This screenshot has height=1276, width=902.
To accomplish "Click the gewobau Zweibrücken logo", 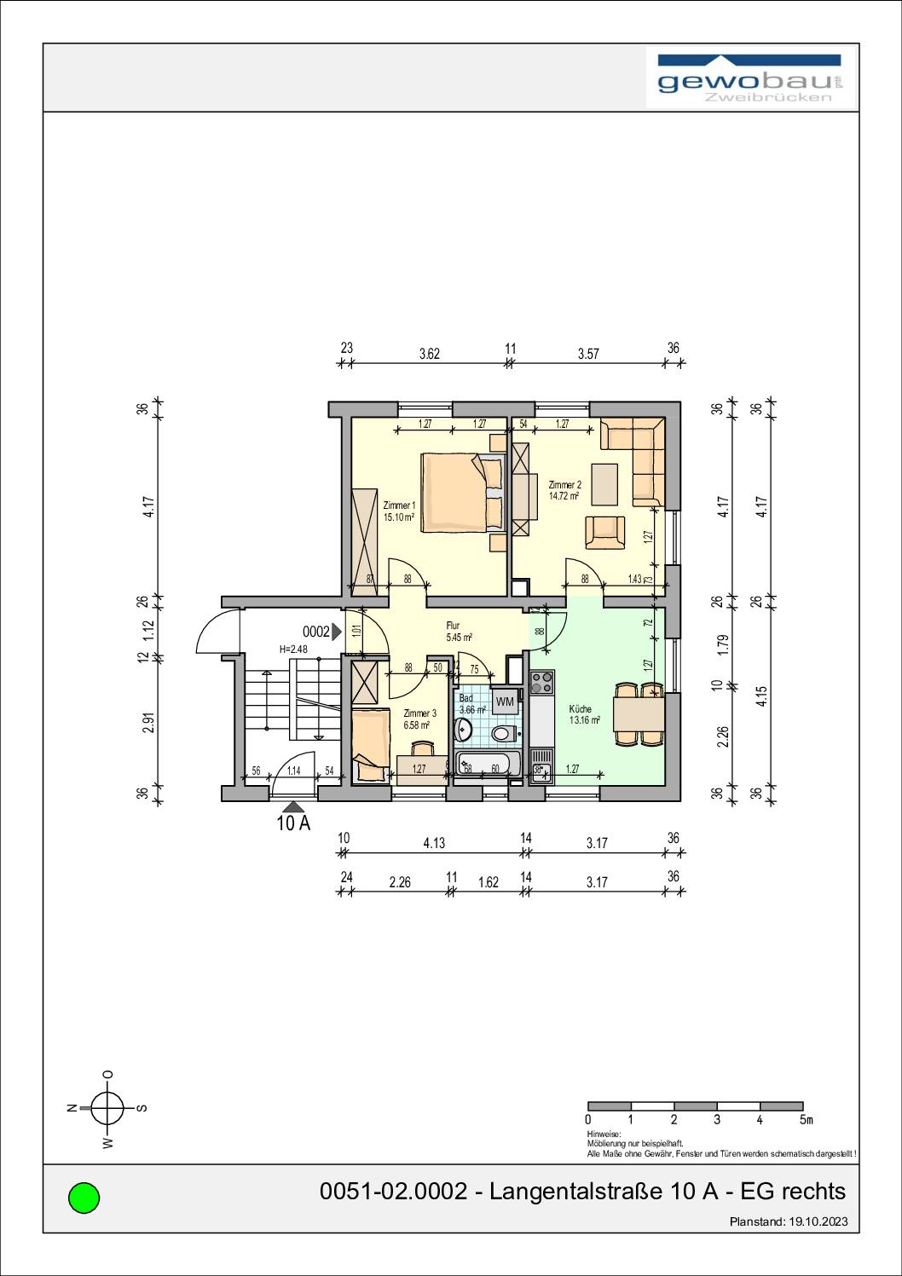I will coord(750,79).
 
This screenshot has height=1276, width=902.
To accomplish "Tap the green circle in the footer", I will coord(84,1198).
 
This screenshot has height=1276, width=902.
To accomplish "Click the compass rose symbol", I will coord(107,1108).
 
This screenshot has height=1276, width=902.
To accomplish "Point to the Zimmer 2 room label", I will coord(564,489).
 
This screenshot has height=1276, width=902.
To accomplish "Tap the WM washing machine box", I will coord(505,702).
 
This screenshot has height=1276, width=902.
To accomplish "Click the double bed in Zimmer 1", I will coord(461,491).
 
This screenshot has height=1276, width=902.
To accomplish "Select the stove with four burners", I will coord(541,683).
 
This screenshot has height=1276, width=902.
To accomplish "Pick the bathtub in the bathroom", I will coord(489,765).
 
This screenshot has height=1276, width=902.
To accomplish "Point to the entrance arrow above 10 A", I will coord(292,806).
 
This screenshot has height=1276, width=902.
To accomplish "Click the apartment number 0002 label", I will coord(316,632).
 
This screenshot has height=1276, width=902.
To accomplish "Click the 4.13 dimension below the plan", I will coord(434,843).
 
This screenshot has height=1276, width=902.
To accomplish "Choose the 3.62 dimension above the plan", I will coord(429,354).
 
